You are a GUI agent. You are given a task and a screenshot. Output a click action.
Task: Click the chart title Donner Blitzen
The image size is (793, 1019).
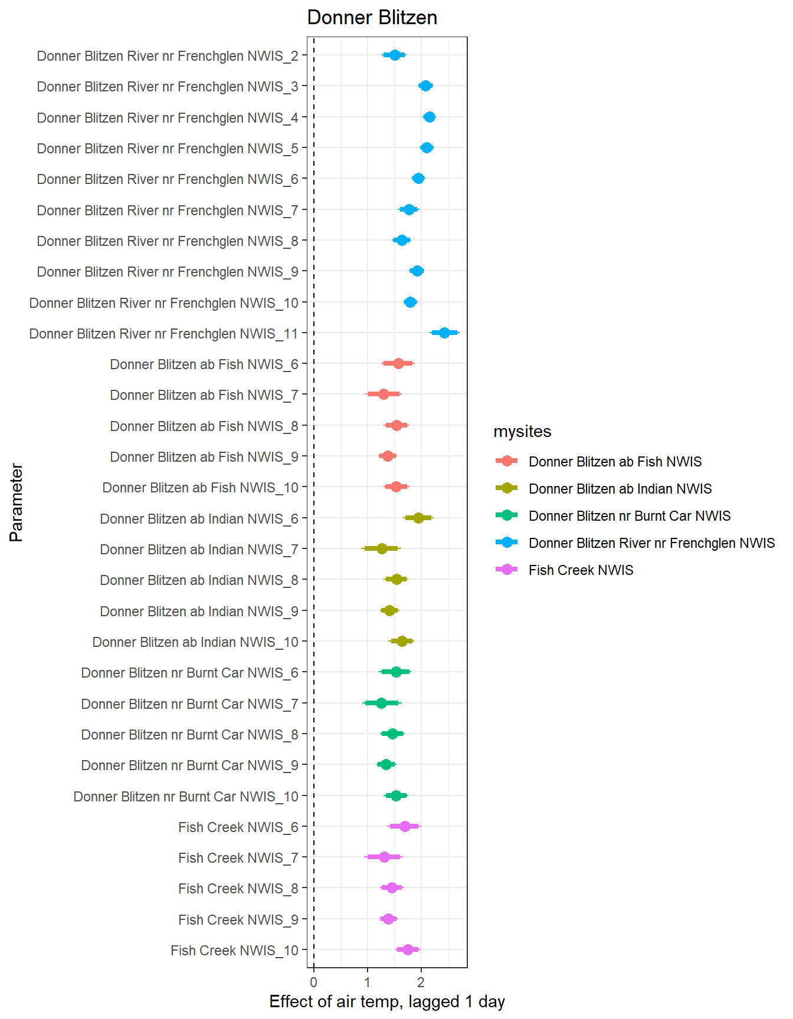point(372,18)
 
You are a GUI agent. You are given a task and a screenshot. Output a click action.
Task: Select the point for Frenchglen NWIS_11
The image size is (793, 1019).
point(444,333)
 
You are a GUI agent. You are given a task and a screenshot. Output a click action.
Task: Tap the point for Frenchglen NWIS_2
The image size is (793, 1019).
point(395,55)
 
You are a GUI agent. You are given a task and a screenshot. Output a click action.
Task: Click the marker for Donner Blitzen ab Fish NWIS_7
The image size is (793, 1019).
point(384,395)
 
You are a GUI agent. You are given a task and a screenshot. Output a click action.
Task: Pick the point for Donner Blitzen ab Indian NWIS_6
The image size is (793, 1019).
point(418,518)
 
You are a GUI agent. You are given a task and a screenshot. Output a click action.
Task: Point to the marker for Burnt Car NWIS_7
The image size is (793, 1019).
point(381,704)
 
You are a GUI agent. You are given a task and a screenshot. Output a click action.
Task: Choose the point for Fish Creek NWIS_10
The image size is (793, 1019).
point(408,950)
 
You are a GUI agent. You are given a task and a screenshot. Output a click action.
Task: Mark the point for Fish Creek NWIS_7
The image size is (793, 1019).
point(384,857)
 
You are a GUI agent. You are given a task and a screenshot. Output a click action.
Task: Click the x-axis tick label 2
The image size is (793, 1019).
point(421,982)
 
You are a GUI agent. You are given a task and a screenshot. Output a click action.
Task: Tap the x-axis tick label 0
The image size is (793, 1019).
point(313,982)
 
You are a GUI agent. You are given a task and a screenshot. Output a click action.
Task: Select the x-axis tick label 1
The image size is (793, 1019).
point(367,982)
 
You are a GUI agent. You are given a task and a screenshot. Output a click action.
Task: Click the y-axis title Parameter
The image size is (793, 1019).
point(17,502)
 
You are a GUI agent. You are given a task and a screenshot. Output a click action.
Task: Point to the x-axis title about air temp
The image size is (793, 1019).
point(387,1002)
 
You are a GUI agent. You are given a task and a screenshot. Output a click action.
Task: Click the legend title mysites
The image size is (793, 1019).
point(522,432)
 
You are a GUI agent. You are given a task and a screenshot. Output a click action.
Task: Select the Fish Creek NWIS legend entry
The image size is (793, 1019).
point(581,570)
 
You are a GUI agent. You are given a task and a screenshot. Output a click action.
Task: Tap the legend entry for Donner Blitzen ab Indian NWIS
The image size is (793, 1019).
point(620,489)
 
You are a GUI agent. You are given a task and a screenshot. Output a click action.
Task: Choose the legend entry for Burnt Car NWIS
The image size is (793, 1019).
point(629,516)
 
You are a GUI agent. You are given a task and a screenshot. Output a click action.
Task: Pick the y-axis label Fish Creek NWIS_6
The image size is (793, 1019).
point(238,827)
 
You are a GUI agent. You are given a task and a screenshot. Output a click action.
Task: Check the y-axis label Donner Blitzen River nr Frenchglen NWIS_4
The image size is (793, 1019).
point(168,118)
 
